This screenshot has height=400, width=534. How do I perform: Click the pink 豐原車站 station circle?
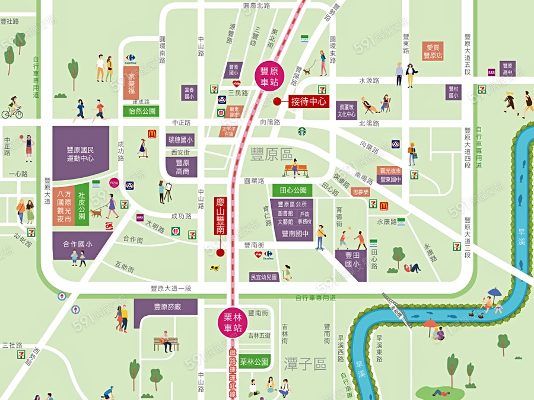coord(270,75)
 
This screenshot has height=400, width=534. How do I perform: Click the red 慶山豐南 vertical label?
coord(220,217)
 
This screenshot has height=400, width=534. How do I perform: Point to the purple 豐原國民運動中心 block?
coord(81,152)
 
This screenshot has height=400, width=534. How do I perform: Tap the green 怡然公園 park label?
coord(141,111)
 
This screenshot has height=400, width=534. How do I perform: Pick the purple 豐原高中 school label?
coord(507,69)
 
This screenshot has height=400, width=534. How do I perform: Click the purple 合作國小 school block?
coord(82,244)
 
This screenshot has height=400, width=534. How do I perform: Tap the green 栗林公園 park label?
coord(253,361)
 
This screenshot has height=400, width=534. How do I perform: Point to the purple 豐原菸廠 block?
coord(167,307)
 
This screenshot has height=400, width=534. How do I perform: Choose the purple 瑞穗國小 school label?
coord(180,140)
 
